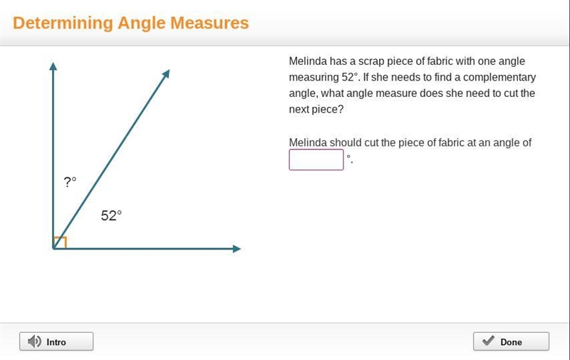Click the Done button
[511, 341]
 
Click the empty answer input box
[316, 160]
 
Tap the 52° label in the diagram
[111, 215]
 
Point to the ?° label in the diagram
[70, 182]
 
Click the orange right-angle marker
[61, 242]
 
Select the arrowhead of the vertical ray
[53, 66]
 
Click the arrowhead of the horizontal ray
[237, 249]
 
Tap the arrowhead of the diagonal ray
[166, 73]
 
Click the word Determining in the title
[63, 24]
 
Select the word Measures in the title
[209, 23]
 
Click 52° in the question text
[351, 77]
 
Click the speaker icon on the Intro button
[34, 341]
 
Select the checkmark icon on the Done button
[488, 340]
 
